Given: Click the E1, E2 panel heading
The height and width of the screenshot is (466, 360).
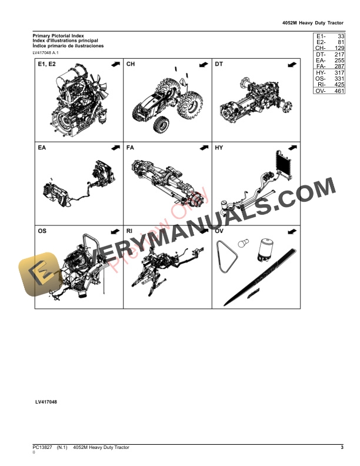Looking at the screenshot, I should coord(46,64).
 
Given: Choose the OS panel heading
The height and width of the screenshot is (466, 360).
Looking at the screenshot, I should coord(42,232).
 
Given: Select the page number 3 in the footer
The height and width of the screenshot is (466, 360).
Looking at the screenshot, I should coord(342,448).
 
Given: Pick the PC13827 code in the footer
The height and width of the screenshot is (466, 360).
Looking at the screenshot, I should coord(42,448).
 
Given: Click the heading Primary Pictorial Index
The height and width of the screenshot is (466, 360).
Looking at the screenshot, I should coord(58,35).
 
